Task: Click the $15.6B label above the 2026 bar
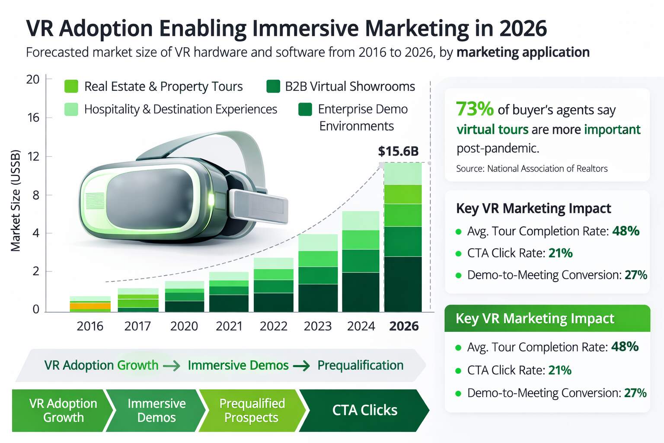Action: point(398,151)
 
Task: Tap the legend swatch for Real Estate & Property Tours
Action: point(71,87)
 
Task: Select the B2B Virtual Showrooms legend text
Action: point(350,87)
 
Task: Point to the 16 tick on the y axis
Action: point(33,118)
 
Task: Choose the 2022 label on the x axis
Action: point(273,326)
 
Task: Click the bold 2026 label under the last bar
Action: point(404,326)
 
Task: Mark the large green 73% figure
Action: point(475,109)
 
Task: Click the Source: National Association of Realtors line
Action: point(532,169)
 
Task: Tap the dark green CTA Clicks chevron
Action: point(364,410)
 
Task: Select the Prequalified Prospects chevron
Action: point(252,410)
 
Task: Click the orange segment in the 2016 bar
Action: point(90,306)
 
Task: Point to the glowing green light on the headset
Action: point(211,200)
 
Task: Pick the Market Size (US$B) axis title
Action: point(16,200)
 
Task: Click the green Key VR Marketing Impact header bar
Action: point(547,318)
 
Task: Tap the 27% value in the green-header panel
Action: point(635,393)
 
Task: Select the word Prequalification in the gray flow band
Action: point(360,365)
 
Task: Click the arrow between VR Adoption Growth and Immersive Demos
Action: point(172,366)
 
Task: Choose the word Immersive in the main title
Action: point(305,29)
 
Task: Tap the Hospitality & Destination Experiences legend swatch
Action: point(71,109)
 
